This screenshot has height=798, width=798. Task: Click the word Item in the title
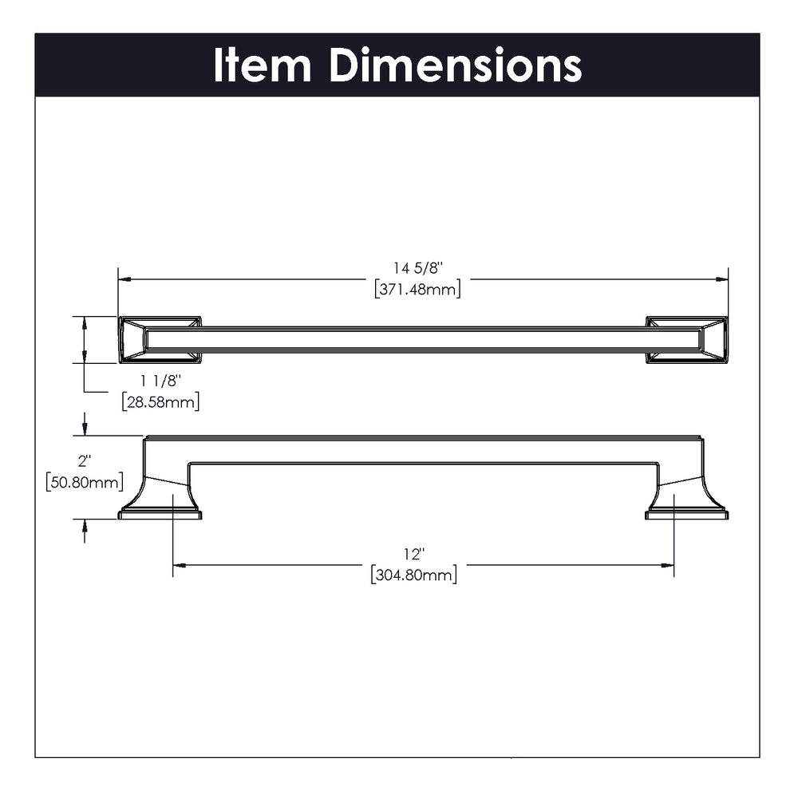(x=261, y=65)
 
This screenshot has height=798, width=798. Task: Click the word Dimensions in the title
(x=456, y=65)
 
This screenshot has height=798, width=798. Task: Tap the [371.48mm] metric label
(x=417, y=290)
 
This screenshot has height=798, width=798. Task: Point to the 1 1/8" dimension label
(x=160, y=382)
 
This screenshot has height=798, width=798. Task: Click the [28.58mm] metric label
(x=160, y=401)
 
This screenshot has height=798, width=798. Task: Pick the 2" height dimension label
(x=85, y=461)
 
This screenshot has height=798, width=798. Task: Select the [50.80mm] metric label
(x=85, y=482)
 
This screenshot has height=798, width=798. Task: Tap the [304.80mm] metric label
(x=414, y=575)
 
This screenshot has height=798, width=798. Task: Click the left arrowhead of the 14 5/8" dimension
(x=124, y=279)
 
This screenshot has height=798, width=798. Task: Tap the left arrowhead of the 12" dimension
(x=179, y=565)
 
